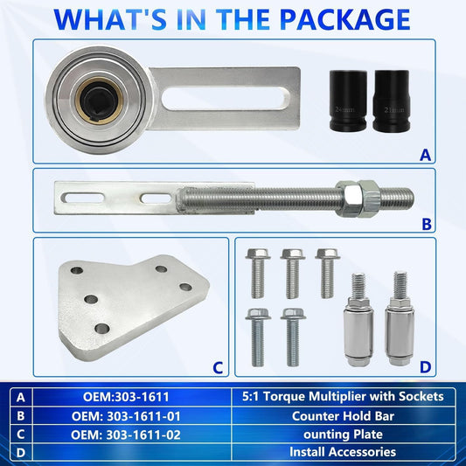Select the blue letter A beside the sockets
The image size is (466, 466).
[425, 155]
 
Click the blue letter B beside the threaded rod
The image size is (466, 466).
[426, 224]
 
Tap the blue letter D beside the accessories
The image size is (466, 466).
[426, 367]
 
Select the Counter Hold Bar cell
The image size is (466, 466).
[342, 414]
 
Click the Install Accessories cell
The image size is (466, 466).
[342, 451]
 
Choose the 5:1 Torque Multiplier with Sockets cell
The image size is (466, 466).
[342, 396]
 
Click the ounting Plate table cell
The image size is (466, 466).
[342, 432]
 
